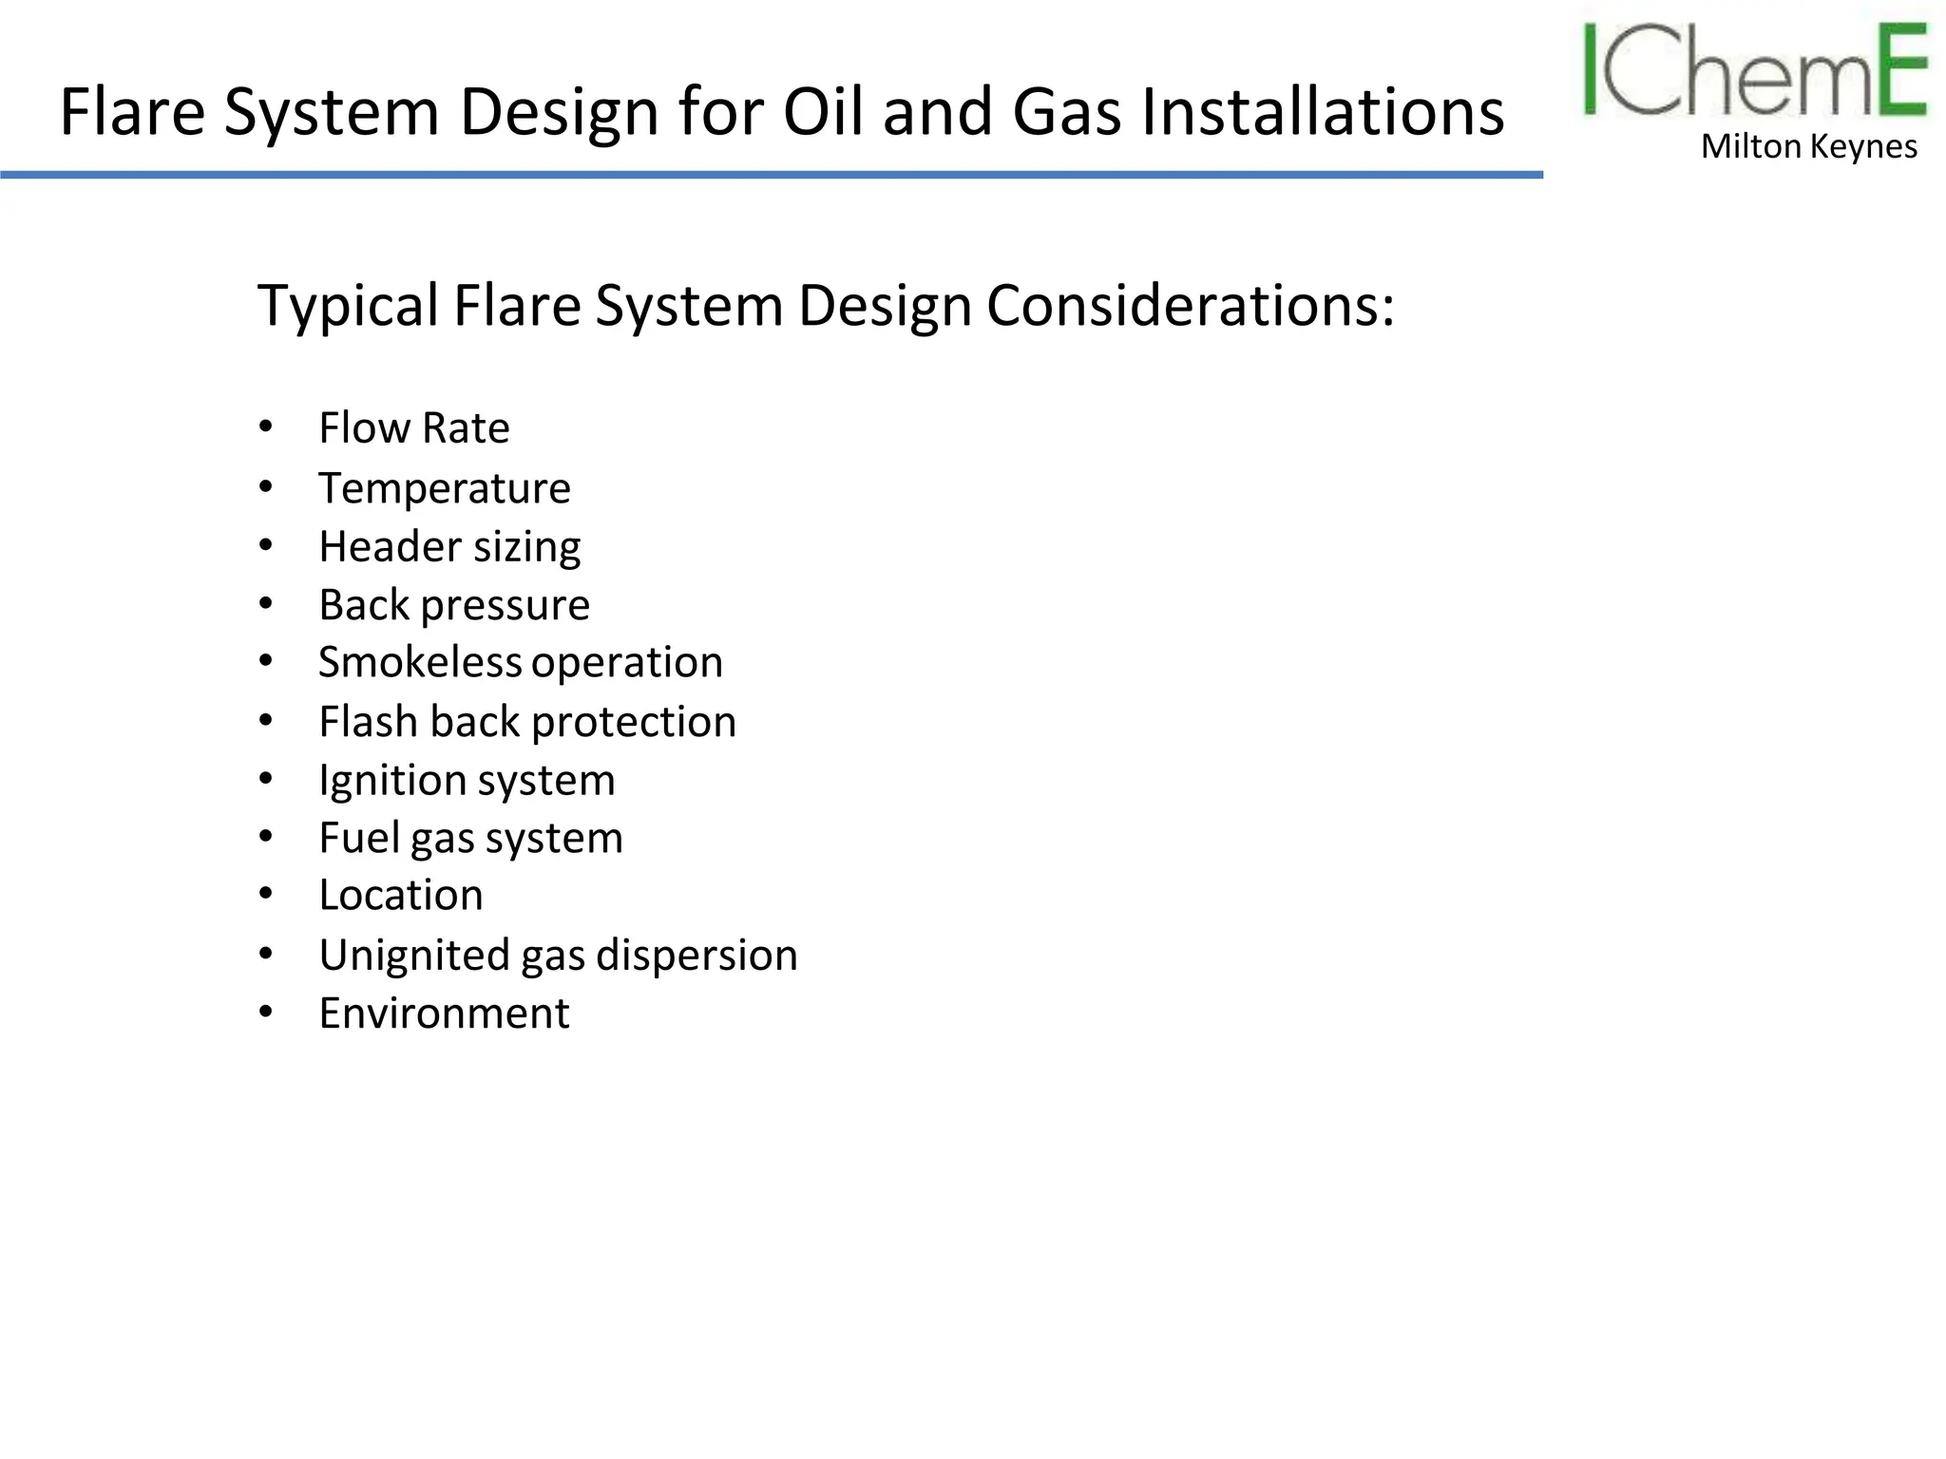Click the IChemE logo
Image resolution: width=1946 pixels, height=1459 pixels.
click(1754, 71)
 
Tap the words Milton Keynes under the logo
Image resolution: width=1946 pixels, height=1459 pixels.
click(1808, 147)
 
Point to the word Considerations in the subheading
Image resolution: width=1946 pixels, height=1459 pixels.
click(1191, 306)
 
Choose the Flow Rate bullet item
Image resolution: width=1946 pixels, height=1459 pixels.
click(414, 428)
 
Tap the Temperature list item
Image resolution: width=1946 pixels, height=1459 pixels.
click(445, 489)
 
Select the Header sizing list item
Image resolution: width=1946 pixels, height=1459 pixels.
click(449, 547)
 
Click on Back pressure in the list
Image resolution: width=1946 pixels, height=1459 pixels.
click(454, 605)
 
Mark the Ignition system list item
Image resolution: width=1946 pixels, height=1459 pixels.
click(467, 781)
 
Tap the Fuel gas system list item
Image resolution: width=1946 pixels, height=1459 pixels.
click(470, 839)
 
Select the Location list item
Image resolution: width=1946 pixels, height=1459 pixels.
click(401, 896)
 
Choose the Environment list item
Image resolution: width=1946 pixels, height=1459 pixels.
click(444, 1014)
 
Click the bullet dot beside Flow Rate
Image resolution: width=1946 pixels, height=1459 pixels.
click(266, 426)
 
